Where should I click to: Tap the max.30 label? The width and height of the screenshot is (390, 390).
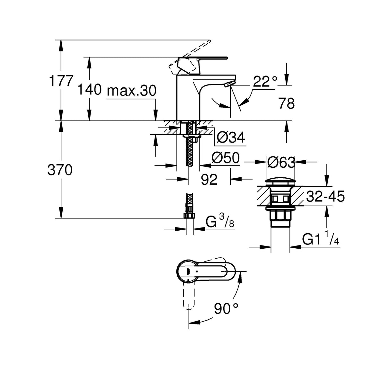point(132,91)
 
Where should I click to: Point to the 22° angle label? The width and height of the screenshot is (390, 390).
point(264,82)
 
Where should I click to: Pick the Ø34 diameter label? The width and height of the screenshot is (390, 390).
point(231,137)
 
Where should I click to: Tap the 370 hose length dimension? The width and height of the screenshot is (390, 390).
point(60,170)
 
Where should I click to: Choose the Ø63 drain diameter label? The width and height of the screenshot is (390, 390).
point(281,163)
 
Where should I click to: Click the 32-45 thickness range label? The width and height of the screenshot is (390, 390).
point(325,196)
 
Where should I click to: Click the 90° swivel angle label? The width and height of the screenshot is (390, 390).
point(226,309)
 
